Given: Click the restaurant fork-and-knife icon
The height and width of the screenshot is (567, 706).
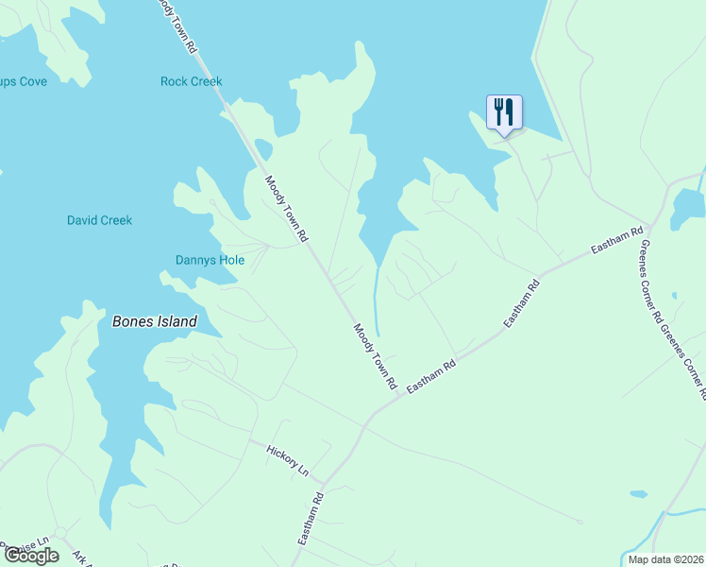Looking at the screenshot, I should click(x=503, y=112).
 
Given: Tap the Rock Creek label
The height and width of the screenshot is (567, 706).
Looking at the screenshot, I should click(x=192, y=81).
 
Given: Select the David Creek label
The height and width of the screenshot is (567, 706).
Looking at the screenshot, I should click(x=99, y=220).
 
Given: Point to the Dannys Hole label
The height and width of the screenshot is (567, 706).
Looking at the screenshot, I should click(x=210, y=260).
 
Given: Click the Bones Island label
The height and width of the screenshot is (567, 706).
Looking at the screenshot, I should click(x=155, y=321).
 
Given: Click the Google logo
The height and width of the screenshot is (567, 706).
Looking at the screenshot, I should click(x=31, y=556).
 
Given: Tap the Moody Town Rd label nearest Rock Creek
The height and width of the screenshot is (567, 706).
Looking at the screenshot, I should click(x=177, y=26).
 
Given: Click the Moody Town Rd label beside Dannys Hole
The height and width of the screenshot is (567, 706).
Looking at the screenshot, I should click(x=286, y=210).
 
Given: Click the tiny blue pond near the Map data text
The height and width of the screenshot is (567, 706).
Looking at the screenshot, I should click(x=639, y=494).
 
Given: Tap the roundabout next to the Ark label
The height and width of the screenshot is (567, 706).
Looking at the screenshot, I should click(x=59, y=534).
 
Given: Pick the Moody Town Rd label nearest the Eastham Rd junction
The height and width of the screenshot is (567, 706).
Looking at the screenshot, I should click(x=375, y=357).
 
